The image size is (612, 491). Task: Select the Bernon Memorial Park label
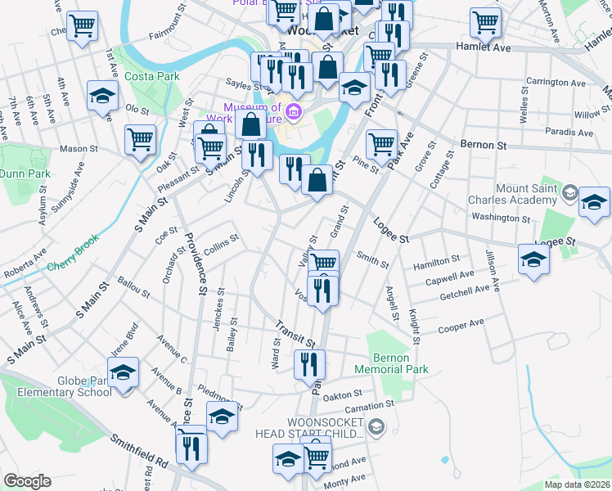click(x=400, y=363)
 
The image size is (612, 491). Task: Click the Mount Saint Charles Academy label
click(x=512, y=194)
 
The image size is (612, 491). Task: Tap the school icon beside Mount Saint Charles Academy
click(x=594, y=201)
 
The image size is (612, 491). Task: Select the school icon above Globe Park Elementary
click(x=123, y=373)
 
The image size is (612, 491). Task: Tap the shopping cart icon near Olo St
click(x=141, y=138)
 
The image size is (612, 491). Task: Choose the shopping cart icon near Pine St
click(x=381, y=145)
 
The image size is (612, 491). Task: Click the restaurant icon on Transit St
click(x=309, y=363)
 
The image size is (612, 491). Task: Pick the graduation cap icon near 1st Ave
click(x=104, y=96)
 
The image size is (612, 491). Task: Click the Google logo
click(x=27, y=481)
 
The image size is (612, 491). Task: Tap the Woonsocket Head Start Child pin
click(x=376, y=426)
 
